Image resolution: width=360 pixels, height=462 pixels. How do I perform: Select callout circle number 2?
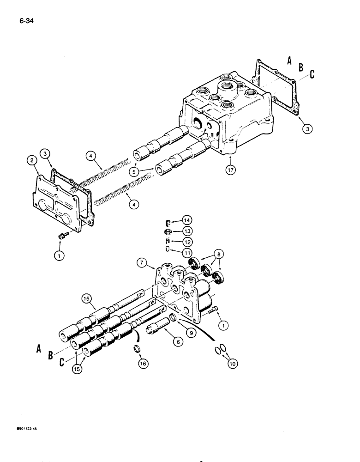point(31,160)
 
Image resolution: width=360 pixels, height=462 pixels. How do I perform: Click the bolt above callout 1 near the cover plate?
point(61,236)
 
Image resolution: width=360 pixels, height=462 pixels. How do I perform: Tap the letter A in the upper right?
point(289,60)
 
